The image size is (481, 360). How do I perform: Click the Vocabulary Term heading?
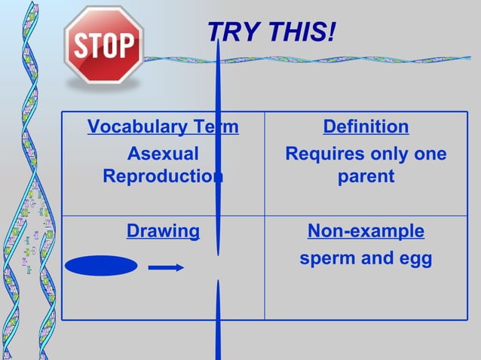(x=163, y=127)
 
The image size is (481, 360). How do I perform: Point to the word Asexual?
(x=163, y=154)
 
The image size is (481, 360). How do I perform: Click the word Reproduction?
(x=163, y=176)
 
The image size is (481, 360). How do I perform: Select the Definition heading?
(x=366, y=127)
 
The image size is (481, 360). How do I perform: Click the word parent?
(x=366, y=176)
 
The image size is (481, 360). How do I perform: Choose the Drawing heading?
(x=163, y=231)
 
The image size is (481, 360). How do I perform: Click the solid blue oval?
(x=101, y=266)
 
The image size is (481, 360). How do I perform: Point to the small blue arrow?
(x=166, y=267)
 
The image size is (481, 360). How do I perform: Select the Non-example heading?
(x=366, y=231)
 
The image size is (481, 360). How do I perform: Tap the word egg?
(x=415, y=260)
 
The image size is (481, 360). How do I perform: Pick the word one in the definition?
(x=430, y=154)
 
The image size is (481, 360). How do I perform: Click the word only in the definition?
(x=389, y=154)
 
